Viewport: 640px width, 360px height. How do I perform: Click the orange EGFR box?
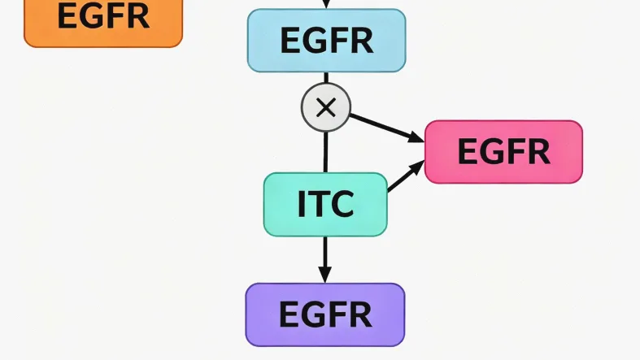102,20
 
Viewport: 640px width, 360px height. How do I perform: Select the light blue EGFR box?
326,40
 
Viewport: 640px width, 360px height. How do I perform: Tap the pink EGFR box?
503,151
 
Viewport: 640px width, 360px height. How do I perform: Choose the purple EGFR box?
324,314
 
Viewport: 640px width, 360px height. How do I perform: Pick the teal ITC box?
325,204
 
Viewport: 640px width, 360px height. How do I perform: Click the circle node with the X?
325,107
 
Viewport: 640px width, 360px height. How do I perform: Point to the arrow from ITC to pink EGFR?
405,176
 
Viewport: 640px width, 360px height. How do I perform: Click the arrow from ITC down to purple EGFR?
325,258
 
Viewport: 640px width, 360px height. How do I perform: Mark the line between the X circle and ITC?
325,151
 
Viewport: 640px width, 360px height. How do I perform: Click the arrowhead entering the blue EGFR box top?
325,5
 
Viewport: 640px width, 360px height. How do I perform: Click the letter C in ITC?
342,204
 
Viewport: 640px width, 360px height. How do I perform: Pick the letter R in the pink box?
538,151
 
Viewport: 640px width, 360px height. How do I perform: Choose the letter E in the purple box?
290,314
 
